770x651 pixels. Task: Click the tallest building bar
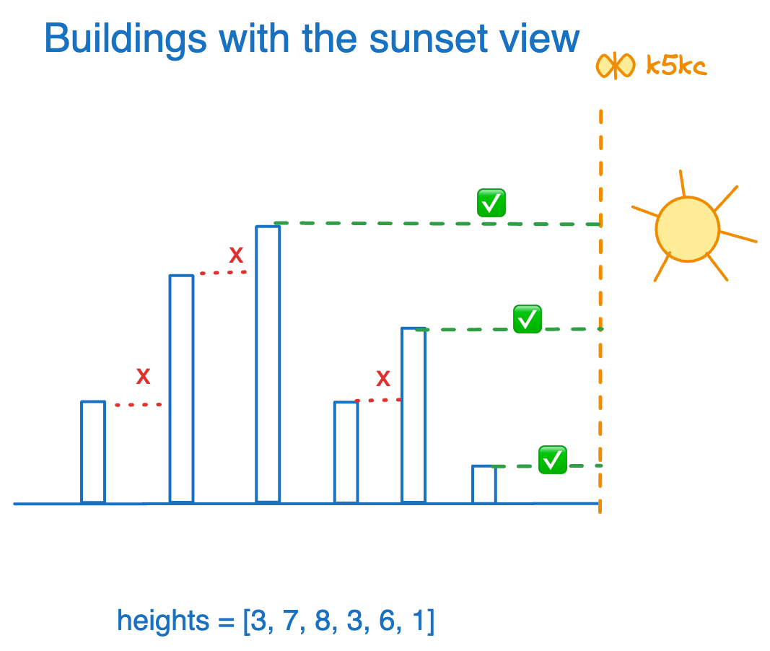pyautogui.click(x=268, y=364)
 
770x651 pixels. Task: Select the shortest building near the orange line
pyautogui.click(x=484, y=484)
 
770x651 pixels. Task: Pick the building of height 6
pyautogui.click(x=414, y=415)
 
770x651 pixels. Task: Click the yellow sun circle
pyautogui.click(x=687, y=229)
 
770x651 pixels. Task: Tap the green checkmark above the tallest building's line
pyautogui.click(x=491, y=204)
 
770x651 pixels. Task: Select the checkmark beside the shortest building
pyautogui.click(x=553, y=459)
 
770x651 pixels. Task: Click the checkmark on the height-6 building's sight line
pyautogui.click(x=528, y=319)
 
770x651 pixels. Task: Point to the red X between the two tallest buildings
pyautogui.click(x=236, y=255)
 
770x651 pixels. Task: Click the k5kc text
pyautogui.click(x=675, y=67)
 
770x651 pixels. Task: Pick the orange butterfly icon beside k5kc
pyautogui.click(x=615, y=66)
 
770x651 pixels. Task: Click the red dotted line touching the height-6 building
pyautogui.click(x=378, y=400)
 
